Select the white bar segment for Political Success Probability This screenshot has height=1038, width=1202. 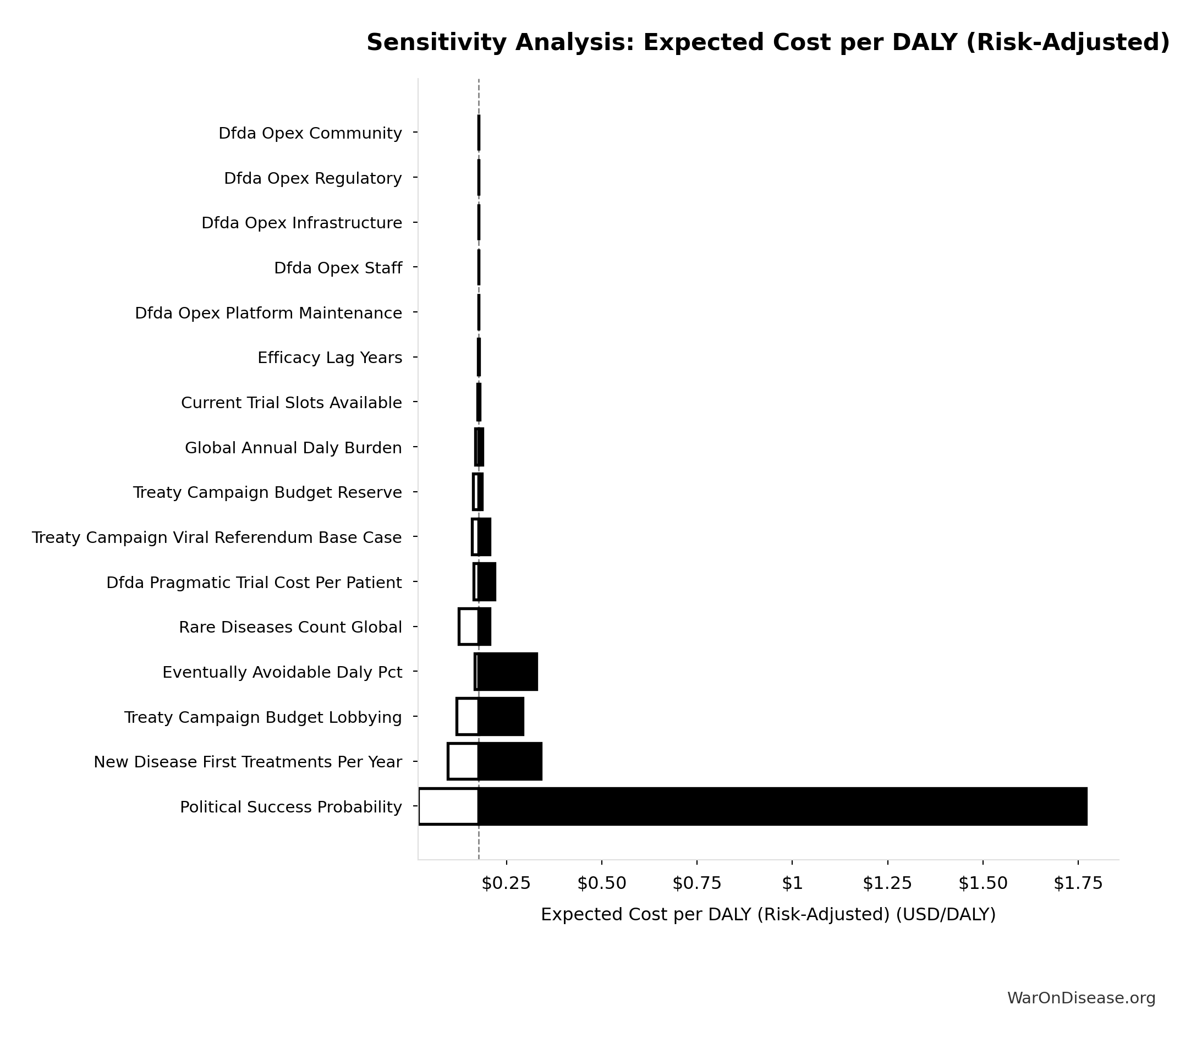(448, 806)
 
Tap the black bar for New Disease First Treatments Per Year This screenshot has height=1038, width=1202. (510, 761)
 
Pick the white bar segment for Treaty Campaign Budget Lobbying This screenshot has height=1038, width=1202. (468, 717)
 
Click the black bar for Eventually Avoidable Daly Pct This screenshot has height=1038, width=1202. (508, 672)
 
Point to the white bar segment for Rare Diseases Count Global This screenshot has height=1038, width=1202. (469, 627)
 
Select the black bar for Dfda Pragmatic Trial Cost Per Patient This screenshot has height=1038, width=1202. (487, 582)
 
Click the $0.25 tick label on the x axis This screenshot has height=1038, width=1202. (507, 883)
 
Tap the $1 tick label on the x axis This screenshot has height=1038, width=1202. (792, 883)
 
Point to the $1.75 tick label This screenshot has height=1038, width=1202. (1078, 883)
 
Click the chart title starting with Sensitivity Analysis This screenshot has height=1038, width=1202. (768, 43)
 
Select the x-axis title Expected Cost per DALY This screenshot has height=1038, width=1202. (768, 915)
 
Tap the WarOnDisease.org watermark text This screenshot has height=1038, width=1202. (1082, 998)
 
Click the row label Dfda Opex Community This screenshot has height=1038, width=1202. (310, 134)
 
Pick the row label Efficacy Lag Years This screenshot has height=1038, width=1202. (330, 358)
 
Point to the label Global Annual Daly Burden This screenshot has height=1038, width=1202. (293, 448)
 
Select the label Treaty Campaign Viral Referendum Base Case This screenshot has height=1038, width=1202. (216, 538)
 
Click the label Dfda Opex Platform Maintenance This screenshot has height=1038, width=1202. (268, 314)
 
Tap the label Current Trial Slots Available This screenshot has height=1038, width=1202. (291, 403)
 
